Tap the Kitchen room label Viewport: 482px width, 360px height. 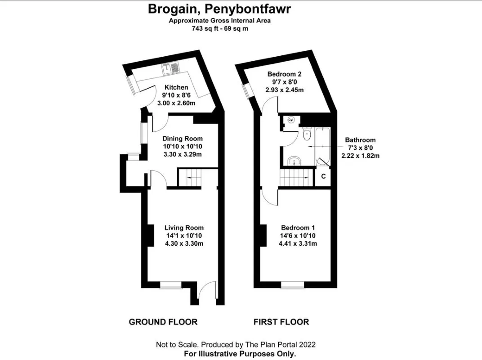(176, 87)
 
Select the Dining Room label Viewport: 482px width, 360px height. (183, 139)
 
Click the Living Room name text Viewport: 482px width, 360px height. (184, 228)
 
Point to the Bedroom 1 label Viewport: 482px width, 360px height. (298, 228)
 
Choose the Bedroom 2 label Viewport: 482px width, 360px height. (284, 74)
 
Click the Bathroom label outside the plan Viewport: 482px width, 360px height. (360, 140)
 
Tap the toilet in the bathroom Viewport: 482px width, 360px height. (307, 134)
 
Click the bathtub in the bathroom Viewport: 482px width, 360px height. (322, 146)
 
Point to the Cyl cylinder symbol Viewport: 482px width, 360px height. (291, 120)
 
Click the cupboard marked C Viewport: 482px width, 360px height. (323, 176)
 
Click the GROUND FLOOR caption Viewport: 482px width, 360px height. (163, 322)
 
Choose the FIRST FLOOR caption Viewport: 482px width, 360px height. (281, 322)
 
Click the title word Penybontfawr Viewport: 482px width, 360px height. (247, 9)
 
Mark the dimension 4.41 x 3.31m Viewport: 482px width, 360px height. (298, 244)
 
